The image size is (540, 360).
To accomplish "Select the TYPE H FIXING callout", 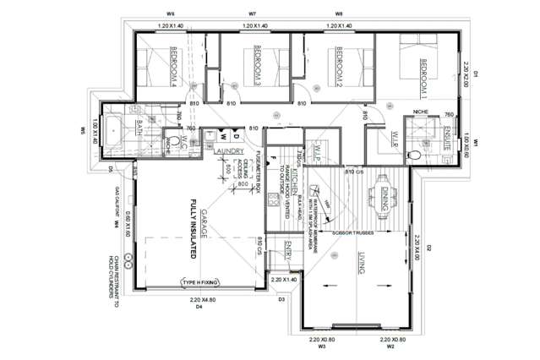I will [x=199, y=282].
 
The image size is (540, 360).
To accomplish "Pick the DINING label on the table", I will [x=384, y=199].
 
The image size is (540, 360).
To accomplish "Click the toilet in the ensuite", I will [x=414, y=155].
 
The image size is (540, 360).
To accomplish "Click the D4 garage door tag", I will [x=199, y=308].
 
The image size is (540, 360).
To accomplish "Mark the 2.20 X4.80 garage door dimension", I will [x=199, y=300].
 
